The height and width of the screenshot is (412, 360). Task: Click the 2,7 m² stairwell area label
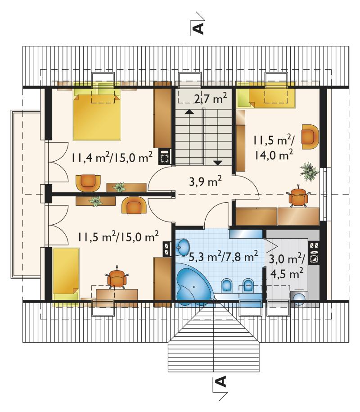click(211, 99)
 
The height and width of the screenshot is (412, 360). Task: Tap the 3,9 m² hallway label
click(205, 181)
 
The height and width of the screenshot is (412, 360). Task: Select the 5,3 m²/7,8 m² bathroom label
click(223, 256)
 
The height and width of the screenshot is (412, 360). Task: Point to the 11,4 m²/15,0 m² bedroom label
click(112, 158)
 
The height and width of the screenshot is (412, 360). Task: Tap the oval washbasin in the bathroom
click(183, 247)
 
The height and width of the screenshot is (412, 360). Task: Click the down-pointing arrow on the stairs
click(218, 163)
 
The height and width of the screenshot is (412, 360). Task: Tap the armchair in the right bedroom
click(310, 136)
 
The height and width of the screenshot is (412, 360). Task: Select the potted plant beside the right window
click(309, 171)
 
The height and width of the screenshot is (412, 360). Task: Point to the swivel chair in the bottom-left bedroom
click(117, 277)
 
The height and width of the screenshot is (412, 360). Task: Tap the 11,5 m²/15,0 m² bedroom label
click(118, 236)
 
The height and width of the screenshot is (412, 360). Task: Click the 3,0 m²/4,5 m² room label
click(287, 267)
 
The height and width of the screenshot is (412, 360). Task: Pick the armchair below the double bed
click(88, 183)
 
